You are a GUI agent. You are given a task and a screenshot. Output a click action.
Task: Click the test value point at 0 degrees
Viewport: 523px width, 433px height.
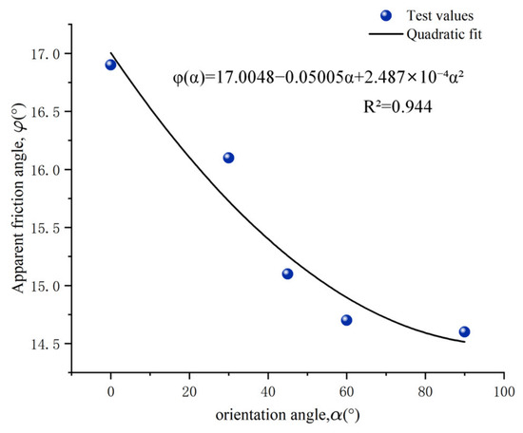coord(110,65)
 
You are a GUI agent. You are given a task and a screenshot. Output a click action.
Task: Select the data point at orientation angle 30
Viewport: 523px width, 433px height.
coord(228,158)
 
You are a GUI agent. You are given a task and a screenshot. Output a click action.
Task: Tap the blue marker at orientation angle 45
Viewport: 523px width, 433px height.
coord(287,273)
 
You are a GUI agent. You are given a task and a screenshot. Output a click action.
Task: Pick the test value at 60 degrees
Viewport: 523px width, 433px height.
coord(346,320)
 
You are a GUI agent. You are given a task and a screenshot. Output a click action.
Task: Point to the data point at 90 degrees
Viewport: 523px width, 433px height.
coord(464,331)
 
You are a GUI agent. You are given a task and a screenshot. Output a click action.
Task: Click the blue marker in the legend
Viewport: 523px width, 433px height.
coord(386,15)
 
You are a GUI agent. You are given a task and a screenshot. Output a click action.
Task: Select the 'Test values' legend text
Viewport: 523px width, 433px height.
coord(440,15)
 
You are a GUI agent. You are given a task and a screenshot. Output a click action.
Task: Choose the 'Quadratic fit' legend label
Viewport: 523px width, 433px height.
coord(444,34)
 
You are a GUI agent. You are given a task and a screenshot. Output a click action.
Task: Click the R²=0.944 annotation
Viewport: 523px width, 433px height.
coord(397,106)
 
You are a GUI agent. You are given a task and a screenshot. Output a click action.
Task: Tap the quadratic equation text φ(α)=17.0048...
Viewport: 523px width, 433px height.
coord(319,77)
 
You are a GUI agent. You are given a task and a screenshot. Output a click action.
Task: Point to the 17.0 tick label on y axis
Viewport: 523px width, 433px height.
coord(46,54)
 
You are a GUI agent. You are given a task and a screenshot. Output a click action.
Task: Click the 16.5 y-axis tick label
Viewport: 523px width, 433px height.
coord(46,112)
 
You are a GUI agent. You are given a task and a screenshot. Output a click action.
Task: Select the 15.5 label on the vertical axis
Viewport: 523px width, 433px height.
coord(46,228)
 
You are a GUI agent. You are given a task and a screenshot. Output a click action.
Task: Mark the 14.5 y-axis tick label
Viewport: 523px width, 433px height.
coord(46,344)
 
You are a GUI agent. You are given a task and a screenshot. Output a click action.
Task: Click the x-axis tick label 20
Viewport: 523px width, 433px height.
coord(189,392)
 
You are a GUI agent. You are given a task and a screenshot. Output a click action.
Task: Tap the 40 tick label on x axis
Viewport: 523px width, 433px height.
coord(268,392)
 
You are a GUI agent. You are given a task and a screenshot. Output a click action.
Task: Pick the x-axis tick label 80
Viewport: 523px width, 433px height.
coord(425,392)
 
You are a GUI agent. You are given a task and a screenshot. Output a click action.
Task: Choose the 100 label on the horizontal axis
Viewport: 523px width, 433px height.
coord(504,392)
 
